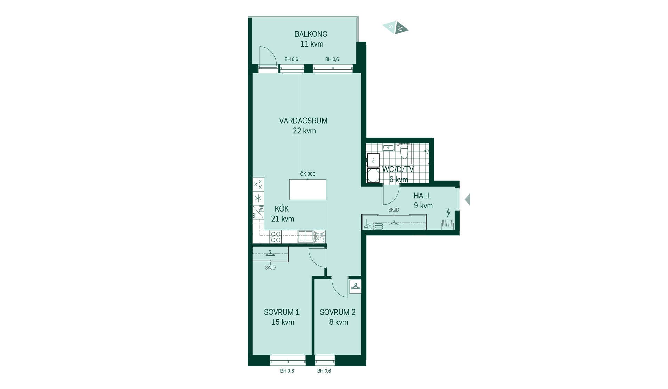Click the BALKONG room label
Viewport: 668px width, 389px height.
[311, 34]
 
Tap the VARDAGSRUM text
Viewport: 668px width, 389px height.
[303, 121]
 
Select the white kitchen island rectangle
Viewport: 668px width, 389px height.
[308, 190]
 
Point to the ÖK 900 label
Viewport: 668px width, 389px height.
[308, 174]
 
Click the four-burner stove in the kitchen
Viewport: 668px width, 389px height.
[276, 237]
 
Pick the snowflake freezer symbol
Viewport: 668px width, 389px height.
[258, 198]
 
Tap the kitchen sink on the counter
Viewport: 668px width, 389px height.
[305, 237]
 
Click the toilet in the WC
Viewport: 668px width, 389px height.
[404, 151]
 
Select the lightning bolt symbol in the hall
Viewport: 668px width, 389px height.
[448, 213]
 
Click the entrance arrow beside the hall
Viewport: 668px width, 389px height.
[468, 200]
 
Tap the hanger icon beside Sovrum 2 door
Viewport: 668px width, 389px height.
[355, 287]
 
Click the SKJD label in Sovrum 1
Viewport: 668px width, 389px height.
[270, 268]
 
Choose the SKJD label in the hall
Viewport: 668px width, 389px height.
[394, 210]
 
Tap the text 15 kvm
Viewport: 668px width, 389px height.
[283, 322]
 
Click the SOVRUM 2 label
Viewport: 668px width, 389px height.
[337, 312]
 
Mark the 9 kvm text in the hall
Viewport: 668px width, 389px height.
[423, 206]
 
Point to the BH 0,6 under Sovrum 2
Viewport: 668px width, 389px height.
[324, 371]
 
